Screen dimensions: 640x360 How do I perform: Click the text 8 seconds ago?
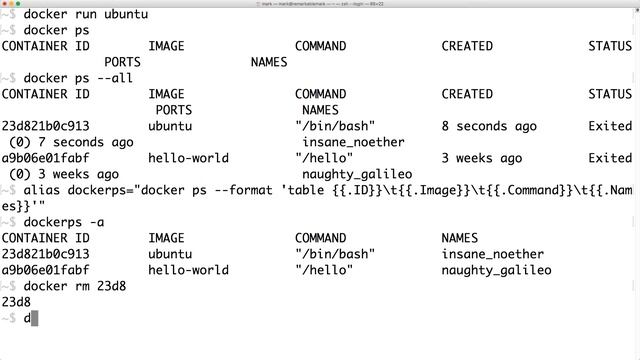point(489,126)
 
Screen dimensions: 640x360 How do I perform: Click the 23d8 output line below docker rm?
point(16,302)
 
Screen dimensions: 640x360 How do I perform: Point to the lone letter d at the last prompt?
point(27,318)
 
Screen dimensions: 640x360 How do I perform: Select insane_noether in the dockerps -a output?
point(492,254)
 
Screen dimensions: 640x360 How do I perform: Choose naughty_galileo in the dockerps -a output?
point(496,270)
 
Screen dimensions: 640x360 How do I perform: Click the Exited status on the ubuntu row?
point(610,126)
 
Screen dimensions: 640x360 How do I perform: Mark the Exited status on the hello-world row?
point(610,158)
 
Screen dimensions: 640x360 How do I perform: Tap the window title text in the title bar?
point(320,4)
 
